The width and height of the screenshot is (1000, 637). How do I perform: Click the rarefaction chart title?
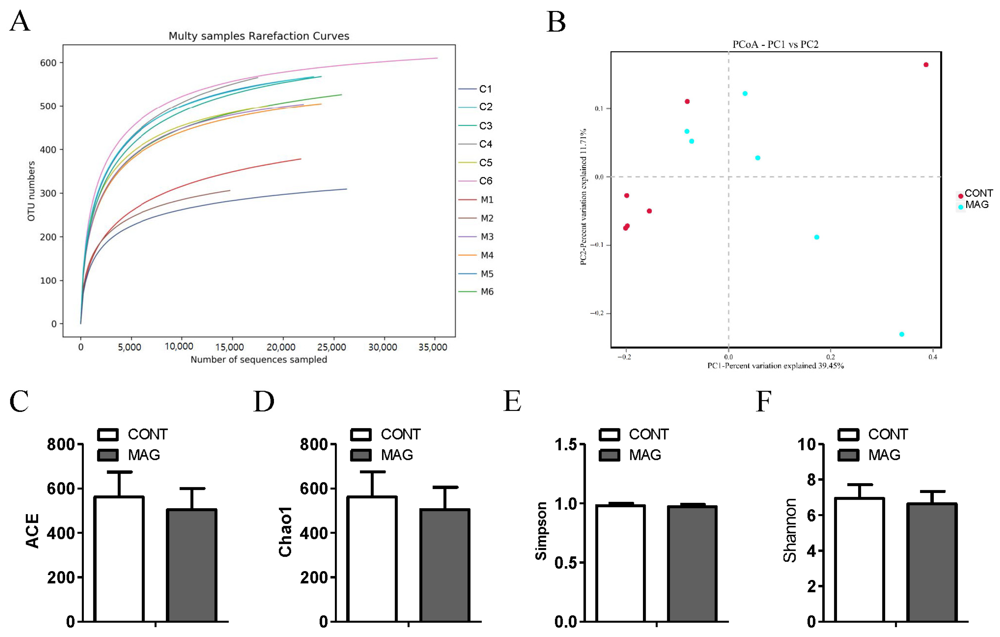click(259, 36)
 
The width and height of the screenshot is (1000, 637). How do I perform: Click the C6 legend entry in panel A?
click(485, 181)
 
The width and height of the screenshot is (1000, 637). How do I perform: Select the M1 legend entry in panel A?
click(486, 200)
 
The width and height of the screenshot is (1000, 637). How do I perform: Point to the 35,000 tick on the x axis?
click(433, 347)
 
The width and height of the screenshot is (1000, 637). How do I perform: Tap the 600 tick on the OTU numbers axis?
click(48, 63)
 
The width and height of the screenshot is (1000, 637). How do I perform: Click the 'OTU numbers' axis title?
click(31, 191)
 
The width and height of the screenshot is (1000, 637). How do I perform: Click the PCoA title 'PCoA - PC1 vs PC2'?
click(775, 44)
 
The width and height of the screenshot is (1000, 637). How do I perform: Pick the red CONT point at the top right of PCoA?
click(926, 65)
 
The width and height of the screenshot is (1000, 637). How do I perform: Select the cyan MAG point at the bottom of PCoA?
click(901, 334)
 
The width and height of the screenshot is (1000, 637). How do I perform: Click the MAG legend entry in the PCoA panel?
click(976, 205)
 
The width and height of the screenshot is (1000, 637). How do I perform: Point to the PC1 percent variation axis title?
click(775, 366)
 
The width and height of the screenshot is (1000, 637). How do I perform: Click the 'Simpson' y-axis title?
click(541, 531)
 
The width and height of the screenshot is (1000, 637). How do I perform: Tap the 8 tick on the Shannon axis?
click(812, 480)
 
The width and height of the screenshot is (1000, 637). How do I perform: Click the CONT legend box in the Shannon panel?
click(849, 435)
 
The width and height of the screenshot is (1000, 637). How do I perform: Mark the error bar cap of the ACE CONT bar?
click(119, 472)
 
